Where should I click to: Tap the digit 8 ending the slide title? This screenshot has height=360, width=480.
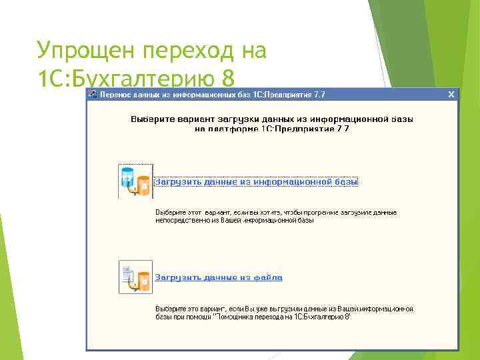pyautogui.click(x=229, y=79)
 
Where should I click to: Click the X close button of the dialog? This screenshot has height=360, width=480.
pyautogui.click(x=451, y=95)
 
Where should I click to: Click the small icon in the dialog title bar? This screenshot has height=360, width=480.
pyautogui.click(x=93, y=95)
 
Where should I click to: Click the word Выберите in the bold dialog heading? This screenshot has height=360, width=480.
pyautogui.click(x=151, y=119)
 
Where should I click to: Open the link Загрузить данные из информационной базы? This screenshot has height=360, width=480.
pyautogui.click(x=257, y=181)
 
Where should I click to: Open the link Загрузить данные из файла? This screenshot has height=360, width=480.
pyautogui.click(x=219, y=277)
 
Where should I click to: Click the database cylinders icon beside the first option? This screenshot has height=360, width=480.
pyautogui.click(x=135, y=181)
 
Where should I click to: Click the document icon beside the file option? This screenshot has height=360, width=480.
pyautogui.click(x=135, y=277)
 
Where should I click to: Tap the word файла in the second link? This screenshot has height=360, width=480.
pyautogui.click(x=268, y=277)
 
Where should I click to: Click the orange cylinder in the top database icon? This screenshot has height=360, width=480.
pyautogui.click(x=142, y=187)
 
